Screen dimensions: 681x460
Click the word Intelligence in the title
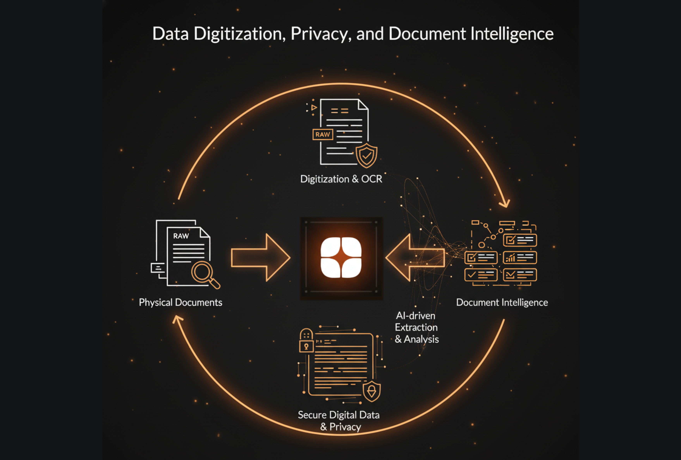512,34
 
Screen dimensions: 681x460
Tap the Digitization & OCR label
341,179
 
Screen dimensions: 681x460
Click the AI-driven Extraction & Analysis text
416,327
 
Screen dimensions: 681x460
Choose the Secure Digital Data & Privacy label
339,421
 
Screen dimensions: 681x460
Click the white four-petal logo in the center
341,257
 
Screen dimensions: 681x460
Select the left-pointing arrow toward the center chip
415,257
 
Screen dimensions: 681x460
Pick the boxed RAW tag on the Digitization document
323,135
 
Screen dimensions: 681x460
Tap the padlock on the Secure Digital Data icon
306,343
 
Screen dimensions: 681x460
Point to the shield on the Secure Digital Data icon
371,391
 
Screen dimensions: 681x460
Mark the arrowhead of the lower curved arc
177,319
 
